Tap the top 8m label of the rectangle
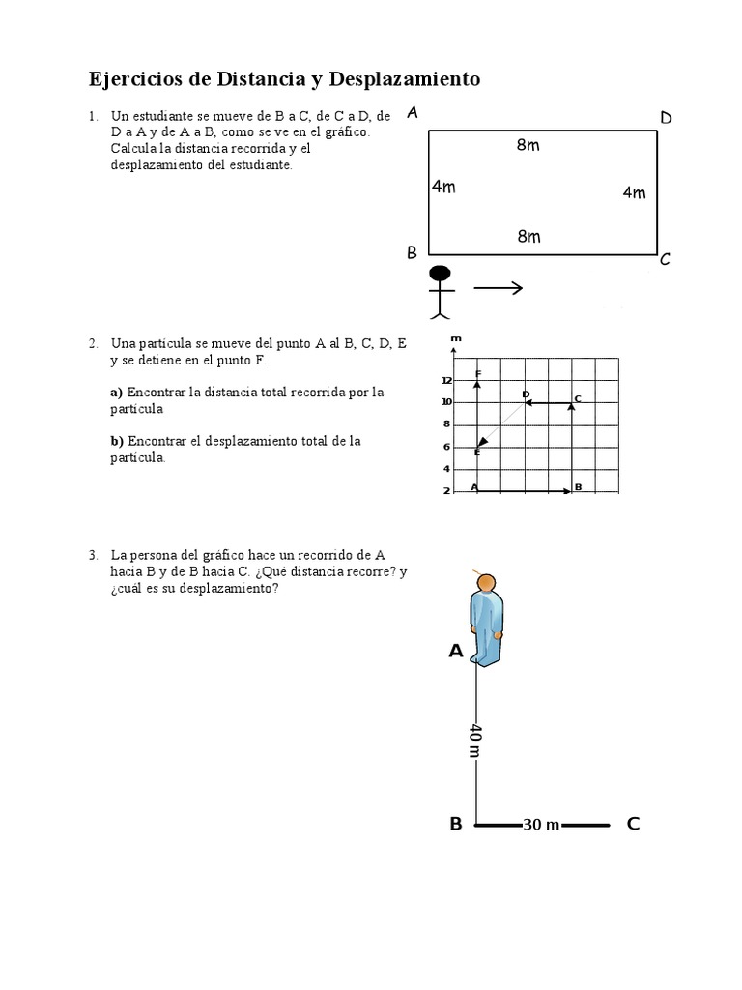coord(528,146)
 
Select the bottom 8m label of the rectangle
coord(528,236)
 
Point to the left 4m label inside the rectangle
coord(443,187)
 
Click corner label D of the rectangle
coord(666,118)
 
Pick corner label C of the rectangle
coord(665,259)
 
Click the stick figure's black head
coord(441,274)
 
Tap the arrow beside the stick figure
coord(498,288)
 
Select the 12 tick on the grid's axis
coord(446,380)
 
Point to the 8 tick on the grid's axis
coord(446,424)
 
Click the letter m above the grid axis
coord(455,339)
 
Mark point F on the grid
coord(477,374)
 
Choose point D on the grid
coord(526,394)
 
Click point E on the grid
coord(477,451)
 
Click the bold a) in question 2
coord(117,392)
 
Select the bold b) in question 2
coord(117,441)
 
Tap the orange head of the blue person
coord(486,584)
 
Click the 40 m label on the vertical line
coord(474,741)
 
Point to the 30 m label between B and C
coord(541,825)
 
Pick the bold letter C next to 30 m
coord(633,824)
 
